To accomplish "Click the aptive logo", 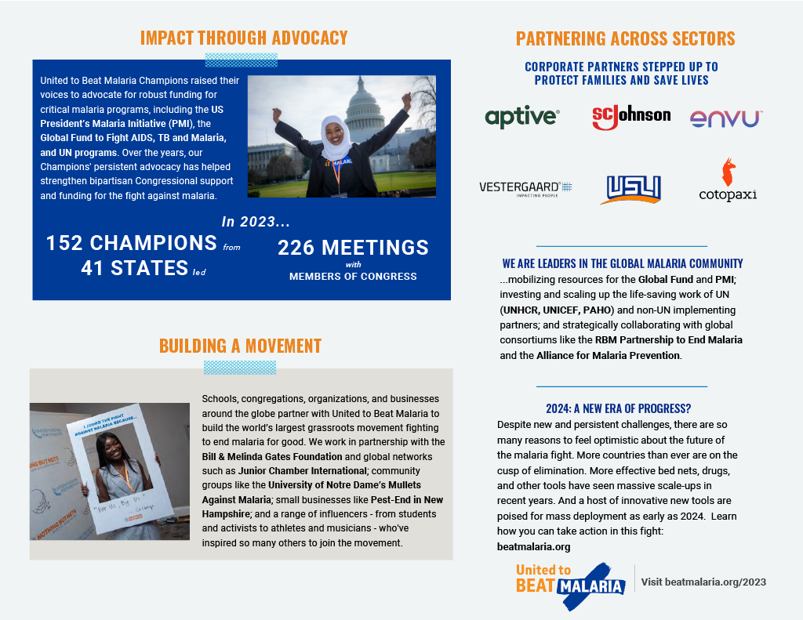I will pyautogui.click(x=522, y=118).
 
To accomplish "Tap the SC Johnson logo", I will pyautogui.click(x=631, y=116).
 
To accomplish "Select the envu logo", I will pyautogui.click(x=726, y=118).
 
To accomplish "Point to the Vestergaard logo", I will pyautogui.click(x=525, y=188).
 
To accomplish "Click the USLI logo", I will pyautogui.click(x=634, y=188).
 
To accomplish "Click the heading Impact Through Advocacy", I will pyautogui.click(x=243, y=38).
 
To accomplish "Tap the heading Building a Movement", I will pyautogui.click(x=240, y=346).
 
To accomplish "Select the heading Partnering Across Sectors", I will pyautogui.click(x=625, y=38).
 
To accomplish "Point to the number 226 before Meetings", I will pyautogui.click(x=295, y=248).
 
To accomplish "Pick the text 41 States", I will pyautogui.click(x=134, y=268).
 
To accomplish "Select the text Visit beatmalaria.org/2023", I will pyautogui.click(x=703, y=582).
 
